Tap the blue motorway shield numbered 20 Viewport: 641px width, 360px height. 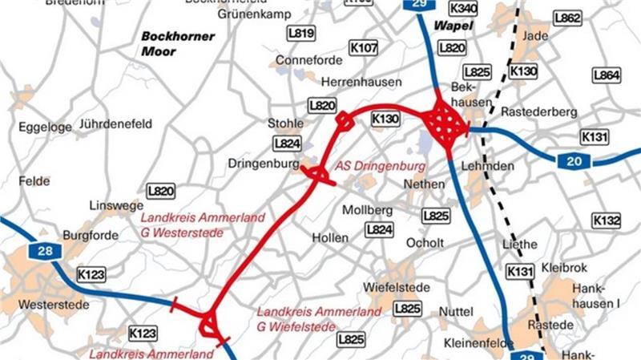pyautogui.click(x=574, y=161)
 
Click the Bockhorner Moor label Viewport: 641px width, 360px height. pyautogui.click(x=169, y=44)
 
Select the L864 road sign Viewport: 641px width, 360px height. pyautogui.click(x=607, y=75)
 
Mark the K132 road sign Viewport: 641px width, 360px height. pyautogui.click(x=607, y=220)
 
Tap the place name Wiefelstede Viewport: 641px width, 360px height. pyautogui.click(x=397, y=287)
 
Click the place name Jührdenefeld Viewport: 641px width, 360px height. pyautogui.click(x=116, y=124)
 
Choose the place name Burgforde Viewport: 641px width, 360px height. pyautogui.click(x=91, y=236)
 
